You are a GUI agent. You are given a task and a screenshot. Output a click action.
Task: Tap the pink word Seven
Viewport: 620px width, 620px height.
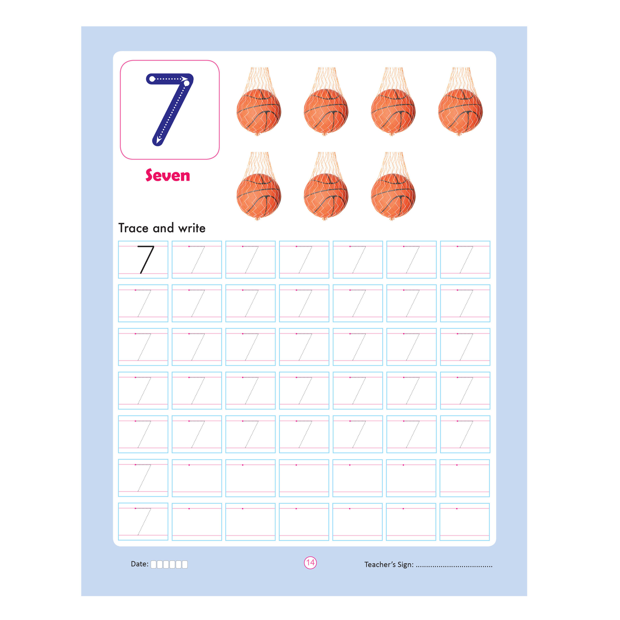pos(168,175)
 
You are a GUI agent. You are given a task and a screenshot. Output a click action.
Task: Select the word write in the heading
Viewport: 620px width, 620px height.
pos(192,228)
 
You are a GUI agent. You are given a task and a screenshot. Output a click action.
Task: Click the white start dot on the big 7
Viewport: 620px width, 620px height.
pos(152,79)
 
